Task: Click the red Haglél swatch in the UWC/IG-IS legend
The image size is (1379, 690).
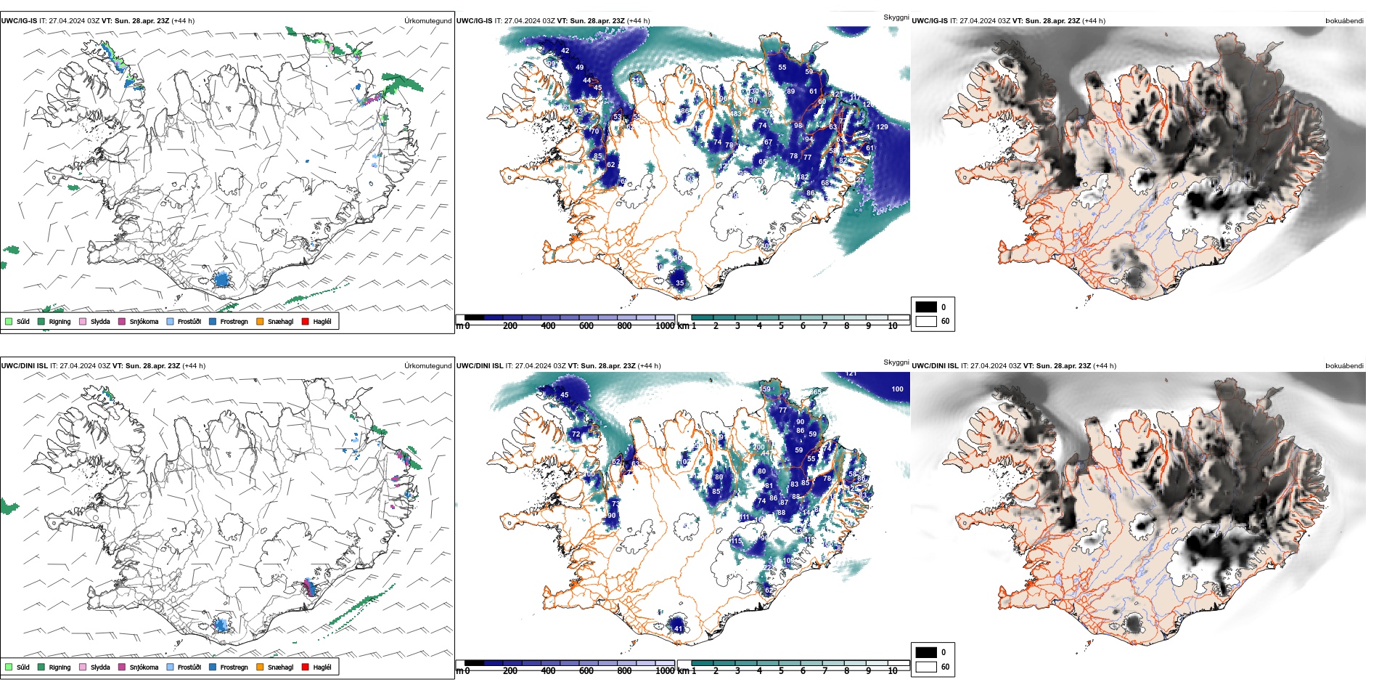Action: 306,321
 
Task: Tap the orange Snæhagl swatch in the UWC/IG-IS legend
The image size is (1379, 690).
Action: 260,321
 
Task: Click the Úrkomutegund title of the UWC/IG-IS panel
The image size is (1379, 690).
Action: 427,21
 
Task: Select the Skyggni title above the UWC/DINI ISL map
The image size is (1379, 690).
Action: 896,362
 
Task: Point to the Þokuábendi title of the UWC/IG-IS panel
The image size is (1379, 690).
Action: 1344,21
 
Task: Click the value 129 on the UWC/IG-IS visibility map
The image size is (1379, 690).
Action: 882,127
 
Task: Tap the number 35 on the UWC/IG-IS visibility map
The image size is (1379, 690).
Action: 679,283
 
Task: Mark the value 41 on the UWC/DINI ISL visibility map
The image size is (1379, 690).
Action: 678,629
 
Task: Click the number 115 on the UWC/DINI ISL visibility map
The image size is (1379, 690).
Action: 736,541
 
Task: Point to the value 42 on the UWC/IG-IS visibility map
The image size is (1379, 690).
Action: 565,51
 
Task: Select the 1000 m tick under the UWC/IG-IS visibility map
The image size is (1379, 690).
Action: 665,326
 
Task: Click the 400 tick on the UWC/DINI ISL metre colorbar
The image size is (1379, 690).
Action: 548,671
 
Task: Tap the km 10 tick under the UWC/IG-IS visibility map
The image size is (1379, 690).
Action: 893,326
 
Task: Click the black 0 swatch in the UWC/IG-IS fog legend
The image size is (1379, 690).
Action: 926,307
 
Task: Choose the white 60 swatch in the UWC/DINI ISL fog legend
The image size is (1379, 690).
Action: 926,667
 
